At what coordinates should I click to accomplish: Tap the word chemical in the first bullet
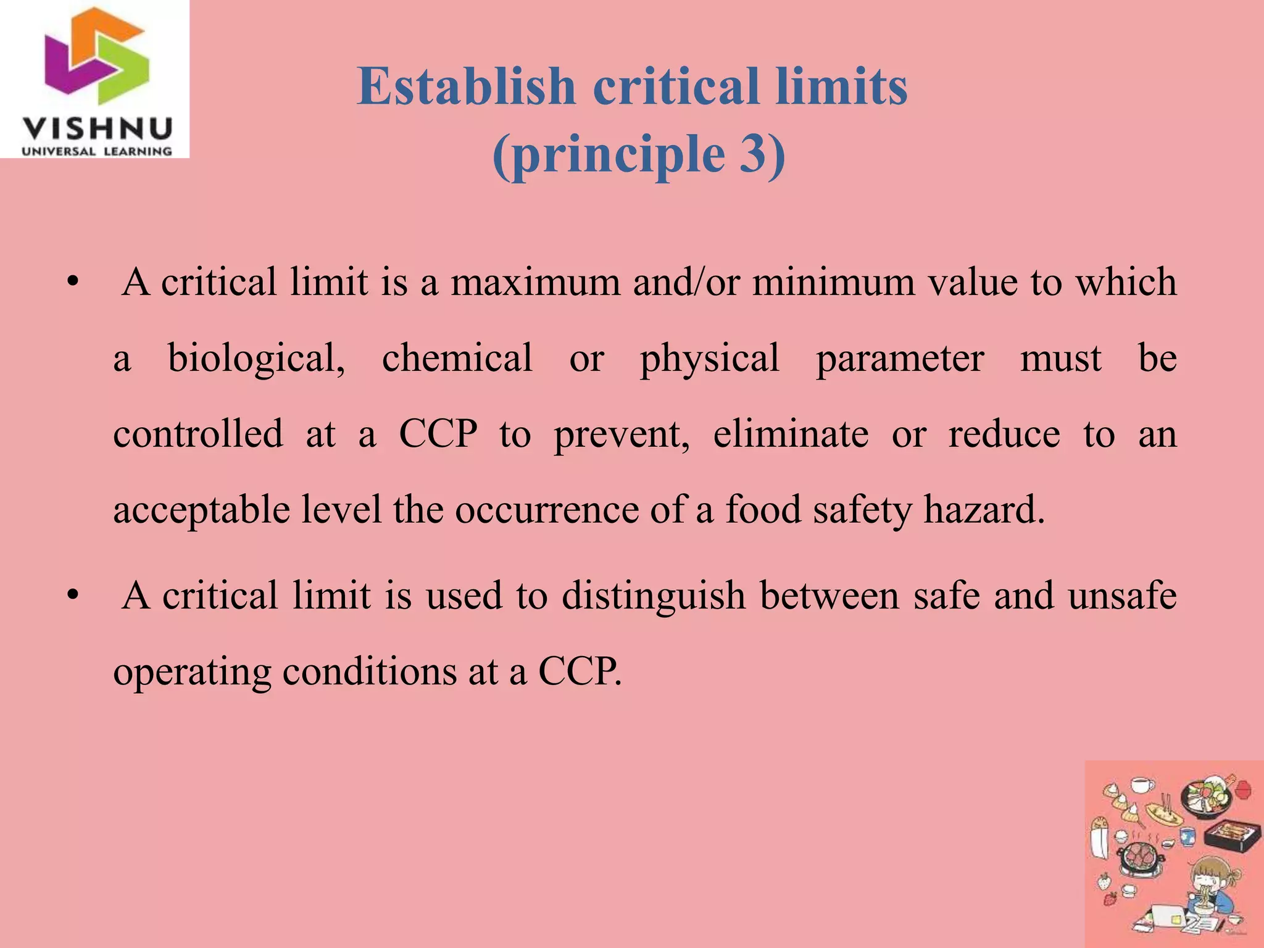tap(457, 358)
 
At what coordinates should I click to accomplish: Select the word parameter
tap(900, 358)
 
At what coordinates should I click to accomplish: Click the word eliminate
tap(791, 434)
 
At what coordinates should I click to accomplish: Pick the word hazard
tap(984, 510)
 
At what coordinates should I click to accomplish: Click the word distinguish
tap(654, 596)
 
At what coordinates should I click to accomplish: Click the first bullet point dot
tap(73, 283)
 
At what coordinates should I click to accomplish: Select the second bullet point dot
tap(73, 597)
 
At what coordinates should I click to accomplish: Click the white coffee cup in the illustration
tap(1142, 785)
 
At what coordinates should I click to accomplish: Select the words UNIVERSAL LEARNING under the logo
tap(97, 151)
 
